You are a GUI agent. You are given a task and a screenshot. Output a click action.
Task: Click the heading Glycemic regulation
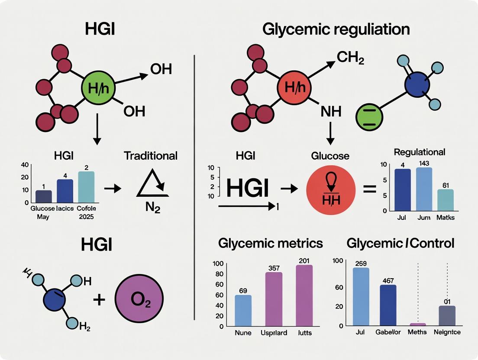tap(336, 30)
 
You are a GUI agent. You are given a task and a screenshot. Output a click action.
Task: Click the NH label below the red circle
tap(330, 112)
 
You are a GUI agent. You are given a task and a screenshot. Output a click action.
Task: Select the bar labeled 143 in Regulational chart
tap(424, 189)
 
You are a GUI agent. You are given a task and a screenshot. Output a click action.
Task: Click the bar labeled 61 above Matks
tap(445, 199)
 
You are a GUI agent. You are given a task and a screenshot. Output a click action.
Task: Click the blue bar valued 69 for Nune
tap(242, 310)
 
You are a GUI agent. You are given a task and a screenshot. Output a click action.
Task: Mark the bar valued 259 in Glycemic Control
tap(361, 296)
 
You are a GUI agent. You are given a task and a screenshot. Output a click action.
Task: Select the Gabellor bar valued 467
tap(388, 305)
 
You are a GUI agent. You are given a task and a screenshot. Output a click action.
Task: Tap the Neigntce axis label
tap(446, 332)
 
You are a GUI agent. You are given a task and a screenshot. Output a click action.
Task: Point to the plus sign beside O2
tap(99, 299)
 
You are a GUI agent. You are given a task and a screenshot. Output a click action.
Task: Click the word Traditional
tap(151, 156)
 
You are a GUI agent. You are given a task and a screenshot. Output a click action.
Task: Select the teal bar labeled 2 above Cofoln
tap(86, 187)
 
